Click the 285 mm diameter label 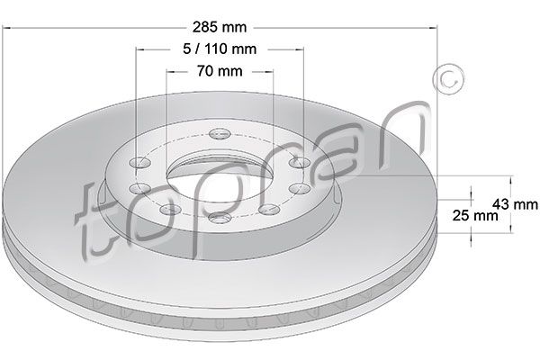coord(220,27)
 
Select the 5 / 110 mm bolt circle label coord(220,49)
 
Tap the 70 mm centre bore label coord(220,71)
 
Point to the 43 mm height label coord(515,204)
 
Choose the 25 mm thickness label coord(475,216)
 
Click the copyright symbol coord(448,79)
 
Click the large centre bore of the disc coord(220,179)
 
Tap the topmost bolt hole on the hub coord(220,133)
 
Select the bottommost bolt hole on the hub coord(220,218)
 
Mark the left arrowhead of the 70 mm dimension coord(170,72)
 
